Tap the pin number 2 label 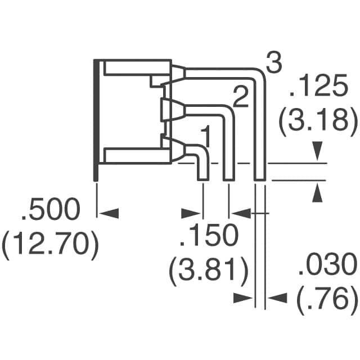(x=240, y=98)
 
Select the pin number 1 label (x=206, y=136)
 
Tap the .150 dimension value (x=208, y=236)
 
